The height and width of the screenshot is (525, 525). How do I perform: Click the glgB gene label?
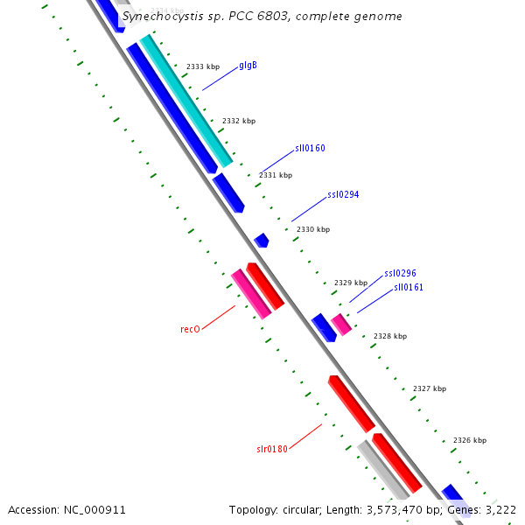click(248, 66)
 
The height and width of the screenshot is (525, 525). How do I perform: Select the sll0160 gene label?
click(310, 149)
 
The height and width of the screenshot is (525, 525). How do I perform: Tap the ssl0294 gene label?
click(343, 195)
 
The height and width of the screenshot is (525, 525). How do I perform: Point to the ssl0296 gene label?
click(400, 274)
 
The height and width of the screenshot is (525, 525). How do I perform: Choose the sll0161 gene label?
click(408, 287)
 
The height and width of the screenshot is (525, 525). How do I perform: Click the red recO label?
click(190, 330)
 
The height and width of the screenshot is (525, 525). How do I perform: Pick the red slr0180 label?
click(271, 450)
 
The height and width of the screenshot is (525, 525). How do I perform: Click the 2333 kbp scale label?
click(203, 67)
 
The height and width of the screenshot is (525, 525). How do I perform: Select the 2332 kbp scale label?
click(239, 121)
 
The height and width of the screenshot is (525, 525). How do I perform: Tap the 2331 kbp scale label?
click(276, 175)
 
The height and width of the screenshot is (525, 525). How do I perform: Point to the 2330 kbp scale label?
click(313, 229)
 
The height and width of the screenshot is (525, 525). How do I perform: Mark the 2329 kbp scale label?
click(351, 283)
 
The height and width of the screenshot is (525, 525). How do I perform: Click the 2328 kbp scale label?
click(390, 336)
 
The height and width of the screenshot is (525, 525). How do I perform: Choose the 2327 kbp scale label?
click(430, 388)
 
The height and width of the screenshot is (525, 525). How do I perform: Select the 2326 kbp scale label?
click(470, 440)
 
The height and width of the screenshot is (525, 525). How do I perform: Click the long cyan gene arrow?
click(186, 101)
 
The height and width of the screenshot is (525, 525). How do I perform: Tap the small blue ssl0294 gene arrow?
click(261, 240)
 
